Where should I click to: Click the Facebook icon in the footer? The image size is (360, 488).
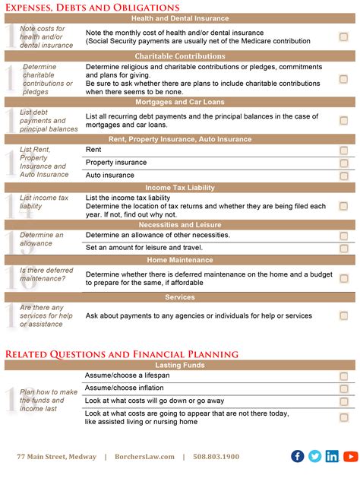click(298, 456)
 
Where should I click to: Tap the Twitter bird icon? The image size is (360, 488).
click(315, 456)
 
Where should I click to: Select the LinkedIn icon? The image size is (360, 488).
click(332, 456)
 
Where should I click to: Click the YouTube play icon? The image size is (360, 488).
click(350, 456)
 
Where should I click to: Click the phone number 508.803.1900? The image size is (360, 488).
click(217, 457)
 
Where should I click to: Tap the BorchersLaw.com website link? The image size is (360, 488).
click(144, 457)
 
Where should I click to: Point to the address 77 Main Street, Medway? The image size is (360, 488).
click(57, 457)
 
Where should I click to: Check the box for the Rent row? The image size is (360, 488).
click(343, 150)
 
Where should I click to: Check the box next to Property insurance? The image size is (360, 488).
click(343, 163)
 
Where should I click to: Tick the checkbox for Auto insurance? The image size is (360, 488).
click(343, 176)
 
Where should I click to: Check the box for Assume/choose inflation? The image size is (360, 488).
click(343, 388)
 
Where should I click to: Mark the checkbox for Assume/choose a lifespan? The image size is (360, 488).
click(343, 376)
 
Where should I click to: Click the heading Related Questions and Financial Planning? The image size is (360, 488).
click(122, 353)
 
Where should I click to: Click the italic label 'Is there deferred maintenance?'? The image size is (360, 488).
click(43, 274)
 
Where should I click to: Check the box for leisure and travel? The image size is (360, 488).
click(343, 248)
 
